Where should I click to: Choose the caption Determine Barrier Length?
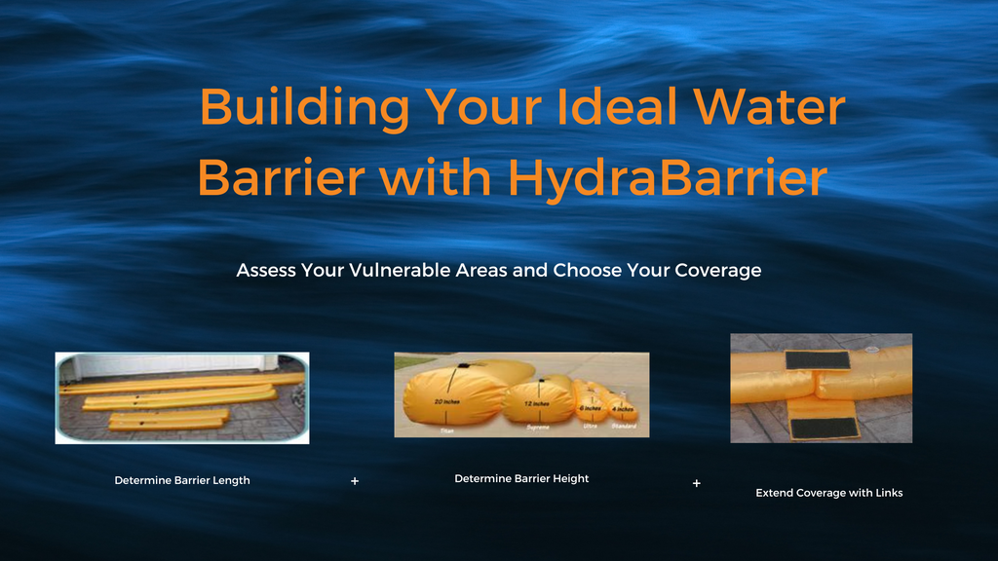pos(182,480)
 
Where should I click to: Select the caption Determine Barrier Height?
pos(521,478)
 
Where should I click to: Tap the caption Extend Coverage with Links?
pos(829,493)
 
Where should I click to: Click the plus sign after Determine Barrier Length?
pos(355,481)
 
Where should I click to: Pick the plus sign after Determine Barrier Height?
pos(696,483)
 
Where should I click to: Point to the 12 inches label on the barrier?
pos(535,403)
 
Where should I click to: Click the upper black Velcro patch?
pos(817,360)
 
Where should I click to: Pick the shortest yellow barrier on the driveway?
pos(169,420)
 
